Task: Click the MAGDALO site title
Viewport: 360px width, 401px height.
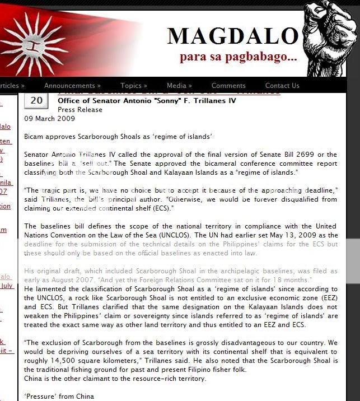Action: pos(232,36)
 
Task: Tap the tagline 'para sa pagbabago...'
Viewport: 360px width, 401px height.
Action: pos(238,57)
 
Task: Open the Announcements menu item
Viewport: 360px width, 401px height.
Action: pos(72,86)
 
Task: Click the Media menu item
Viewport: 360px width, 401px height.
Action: pos(179,86)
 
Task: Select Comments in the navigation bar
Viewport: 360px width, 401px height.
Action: pos(228,86)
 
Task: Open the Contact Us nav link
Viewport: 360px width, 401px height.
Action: pos(282,86)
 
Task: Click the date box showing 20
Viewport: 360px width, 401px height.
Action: pos(36,101)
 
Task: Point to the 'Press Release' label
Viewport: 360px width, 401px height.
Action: pos(80,110)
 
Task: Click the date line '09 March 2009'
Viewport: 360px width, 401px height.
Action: pos(49,119)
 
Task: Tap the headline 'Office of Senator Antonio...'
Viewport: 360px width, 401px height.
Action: pos(147,101)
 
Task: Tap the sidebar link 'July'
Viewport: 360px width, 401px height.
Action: pos(7,286)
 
